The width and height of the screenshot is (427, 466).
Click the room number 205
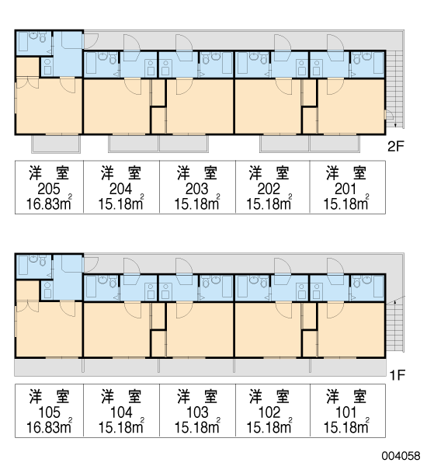(x=49, y=189)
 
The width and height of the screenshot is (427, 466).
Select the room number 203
(x=197, y=189)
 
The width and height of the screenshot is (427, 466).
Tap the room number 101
(x=346, y=412)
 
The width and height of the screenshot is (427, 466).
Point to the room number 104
(x=121, y=412)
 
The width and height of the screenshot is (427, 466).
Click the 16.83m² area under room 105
(x=50, y=426)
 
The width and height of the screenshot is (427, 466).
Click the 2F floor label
(x=396, y=146)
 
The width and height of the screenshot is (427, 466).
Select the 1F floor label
(x=397, y=376)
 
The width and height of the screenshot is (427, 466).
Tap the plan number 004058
(x=401, y=456)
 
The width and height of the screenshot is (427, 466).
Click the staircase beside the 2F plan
(x=394, y=89)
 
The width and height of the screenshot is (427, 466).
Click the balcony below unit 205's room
(x=56, y=144)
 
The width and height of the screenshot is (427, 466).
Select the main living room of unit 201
(x=352, y=106)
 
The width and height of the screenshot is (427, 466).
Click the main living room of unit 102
(x=268, y=329)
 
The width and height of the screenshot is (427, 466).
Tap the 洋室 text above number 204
(x=121, y=173)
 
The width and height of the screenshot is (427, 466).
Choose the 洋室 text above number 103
(x=197, y=396)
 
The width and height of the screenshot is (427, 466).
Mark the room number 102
(x=269, y=412)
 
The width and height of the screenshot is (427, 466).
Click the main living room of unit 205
(x=49, y=106)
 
